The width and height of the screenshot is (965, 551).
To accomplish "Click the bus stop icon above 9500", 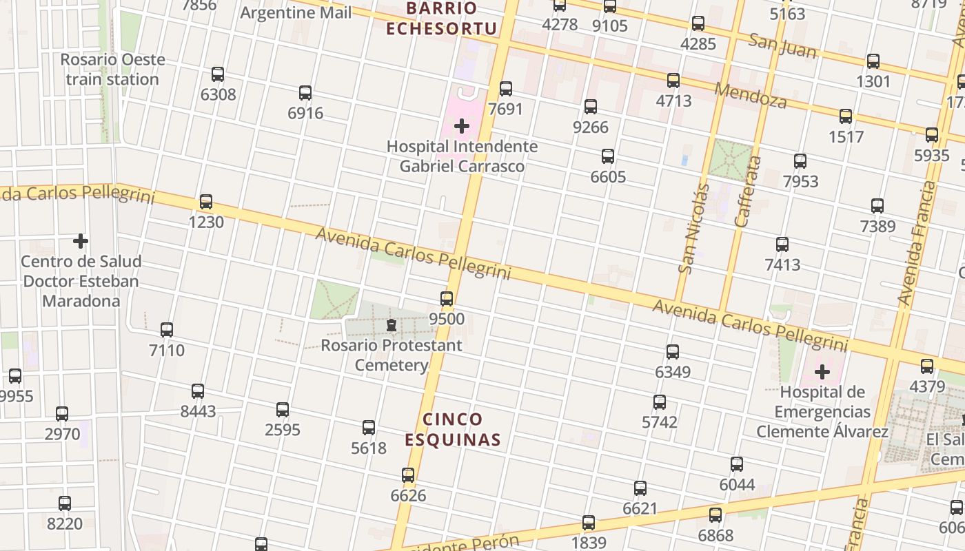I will (x=447, y=299).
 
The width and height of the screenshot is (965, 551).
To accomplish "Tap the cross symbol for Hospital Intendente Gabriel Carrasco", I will (x=462, y=126).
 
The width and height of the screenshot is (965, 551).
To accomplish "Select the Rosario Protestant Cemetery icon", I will (x=392, y=324).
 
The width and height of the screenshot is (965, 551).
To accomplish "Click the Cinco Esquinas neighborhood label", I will (x=452, y=429).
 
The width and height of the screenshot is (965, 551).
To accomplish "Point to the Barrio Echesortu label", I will (x=441, y=19).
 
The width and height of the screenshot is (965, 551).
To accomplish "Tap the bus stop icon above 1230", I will (x=205, y=202).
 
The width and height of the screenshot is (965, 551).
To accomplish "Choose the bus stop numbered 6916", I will (x=305, y=93).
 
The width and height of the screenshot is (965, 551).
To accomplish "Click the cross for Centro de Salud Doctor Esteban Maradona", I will (x=81, y=241).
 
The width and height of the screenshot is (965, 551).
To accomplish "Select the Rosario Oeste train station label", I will (x=112, y=69).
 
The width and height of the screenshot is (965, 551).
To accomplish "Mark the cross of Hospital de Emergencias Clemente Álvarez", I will (x=822, y=373).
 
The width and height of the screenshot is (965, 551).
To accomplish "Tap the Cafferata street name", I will (x=749, y=191).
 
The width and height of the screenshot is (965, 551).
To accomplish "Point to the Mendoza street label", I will (x=751, y=96).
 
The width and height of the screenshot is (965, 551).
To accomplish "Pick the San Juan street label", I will (x=782, y=46).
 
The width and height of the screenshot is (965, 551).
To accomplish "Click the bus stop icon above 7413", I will (x=782, y=245).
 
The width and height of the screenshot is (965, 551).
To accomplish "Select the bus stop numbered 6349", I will (x=673, y=352).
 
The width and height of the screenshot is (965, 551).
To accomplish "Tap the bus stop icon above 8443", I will (x=198, y=391).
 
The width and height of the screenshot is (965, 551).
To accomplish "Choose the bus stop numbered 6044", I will (x=737, y=464).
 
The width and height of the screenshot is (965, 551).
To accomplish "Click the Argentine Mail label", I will (x=296, y=12).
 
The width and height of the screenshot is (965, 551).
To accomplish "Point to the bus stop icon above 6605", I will (x=608, y=156).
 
